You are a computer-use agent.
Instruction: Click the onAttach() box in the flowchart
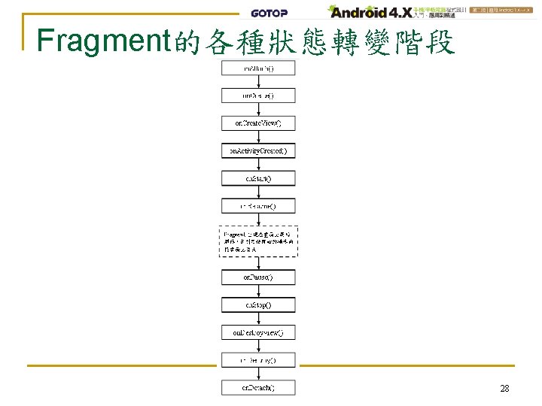[x=258, y=68]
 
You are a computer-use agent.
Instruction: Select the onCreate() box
[x=258, y=96]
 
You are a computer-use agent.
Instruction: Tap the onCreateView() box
[x=258, y=123]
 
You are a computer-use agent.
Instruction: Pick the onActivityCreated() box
[x=258, y=151]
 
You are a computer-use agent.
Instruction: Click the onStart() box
[x=258, y=179]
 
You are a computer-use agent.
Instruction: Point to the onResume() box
[x=258, y=205]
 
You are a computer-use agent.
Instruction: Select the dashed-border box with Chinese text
[x=258, y=241]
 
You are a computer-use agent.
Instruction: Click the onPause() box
[x=258, y=277]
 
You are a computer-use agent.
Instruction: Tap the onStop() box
[x=258, y=305]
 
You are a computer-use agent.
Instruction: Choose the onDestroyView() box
[x=258, y=332]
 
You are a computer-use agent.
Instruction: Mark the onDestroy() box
[x=258, y=360]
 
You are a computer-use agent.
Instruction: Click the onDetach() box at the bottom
[x=258, y=388]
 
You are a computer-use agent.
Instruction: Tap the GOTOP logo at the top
[x=269, y=13]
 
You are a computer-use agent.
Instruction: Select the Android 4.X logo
[x=368, y=12]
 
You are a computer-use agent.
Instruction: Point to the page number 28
[x=505, y=389]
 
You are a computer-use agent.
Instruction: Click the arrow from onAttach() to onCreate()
[x=258, y=83]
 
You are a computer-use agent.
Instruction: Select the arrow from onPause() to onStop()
[x=258, y=292]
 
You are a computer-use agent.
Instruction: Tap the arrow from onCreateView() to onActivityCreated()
[x=258, y=138]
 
